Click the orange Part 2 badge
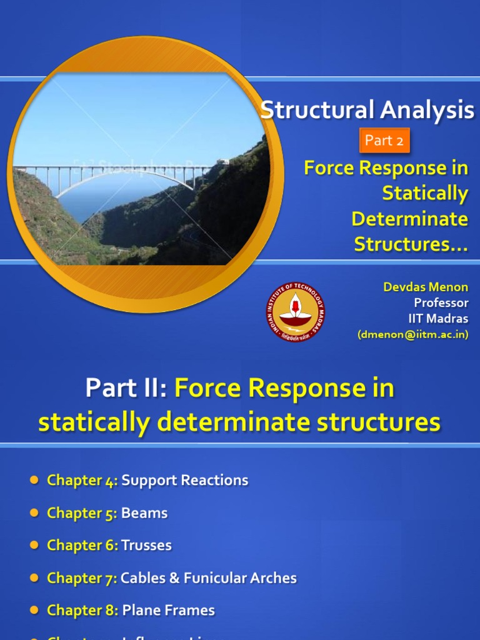pyautogui.click(x=384, y=141)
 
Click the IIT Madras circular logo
pyautogui.click(x=296, y=312)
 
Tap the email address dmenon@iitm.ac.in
pyautogui.click(x=413, y=334)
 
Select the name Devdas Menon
pyautogui.click(x=425, y=287)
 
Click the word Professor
pyautogui.click(x=441, y=303)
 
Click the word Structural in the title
pyautogui.click(x=309, y=111)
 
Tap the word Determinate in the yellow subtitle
pyautogui.click(x=409, y=219)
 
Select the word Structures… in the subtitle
pyautogui.click(x=411, y=244)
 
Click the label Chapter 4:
pyautogui.click(x=82, y=481)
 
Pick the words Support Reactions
pyautogui.click(x=185, y=481)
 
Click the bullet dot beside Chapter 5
pyautogui.click(x=34, y=513)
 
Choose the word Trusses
pyautogui.click(x=146, y=546)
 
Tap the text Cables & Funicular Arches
pyautogui.click(x=209, y=578)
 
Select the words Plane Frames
pyautogui.click(x=169, y=611)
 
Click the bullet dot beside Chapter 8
pyautogui.click(x=34, y=611)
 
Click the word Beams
pyautogui.click(x=144, y=513)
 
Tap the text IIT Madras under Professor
pyautogui.click(x=437, y=319)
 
